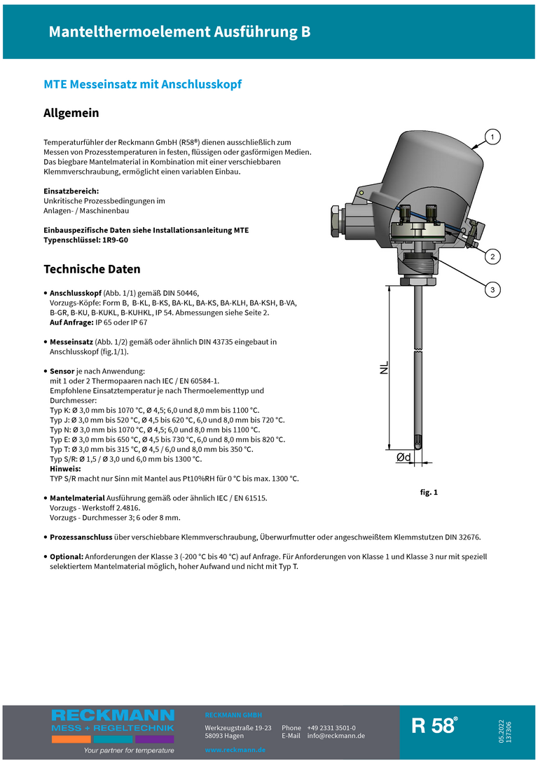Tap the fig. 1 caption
(429, 493)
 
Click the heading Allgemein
(71, 113)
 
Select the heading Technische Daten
(92, 269)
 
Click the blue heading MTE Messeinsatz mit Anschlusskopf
(143, 84)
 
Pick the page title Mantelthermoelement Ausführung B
(179, 32)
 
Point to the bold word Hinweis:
(66, 469)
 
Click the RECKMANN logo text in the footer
(112, 715)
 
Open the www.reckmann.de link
(235, 750)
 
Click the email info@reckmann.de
(336, 736)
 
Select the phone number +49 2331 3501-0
(331, 728)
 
